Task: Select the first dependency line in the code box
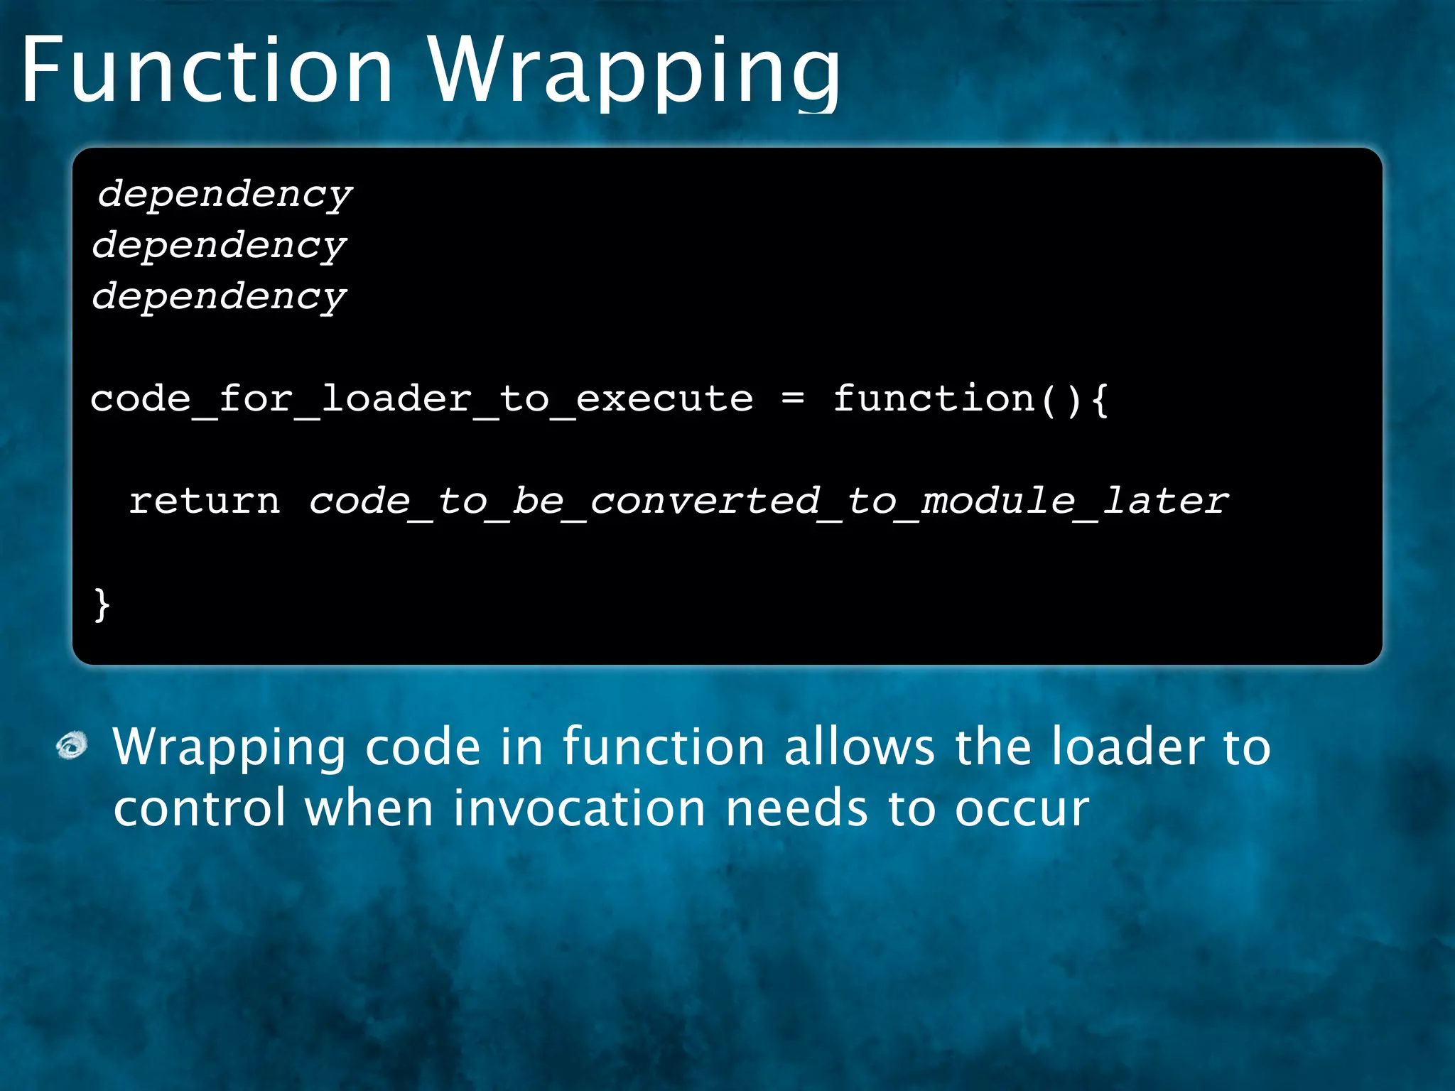(225, 194)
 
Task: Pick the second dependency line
(219, 245)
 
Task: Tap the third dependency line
(219, 296)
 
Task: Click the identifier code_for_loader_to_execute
(421, 399)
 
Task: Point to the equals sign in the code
(792, 398)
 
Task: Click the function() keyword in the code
(956, 399)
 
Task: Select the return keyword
(205, 501)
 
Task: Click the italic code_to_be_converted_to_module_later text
(767, 501)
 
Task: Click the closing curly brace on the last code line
(102, 604)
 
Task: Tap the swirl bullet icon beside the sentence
(72, 746)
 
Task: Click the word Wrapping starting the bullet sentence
(229, 749)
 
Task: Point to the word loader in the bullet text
(1127, 747)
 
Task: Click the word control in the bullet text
(200, 808)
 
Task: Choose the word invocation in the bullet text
(579, 808)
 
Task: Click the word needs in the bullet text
(796, 808)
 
